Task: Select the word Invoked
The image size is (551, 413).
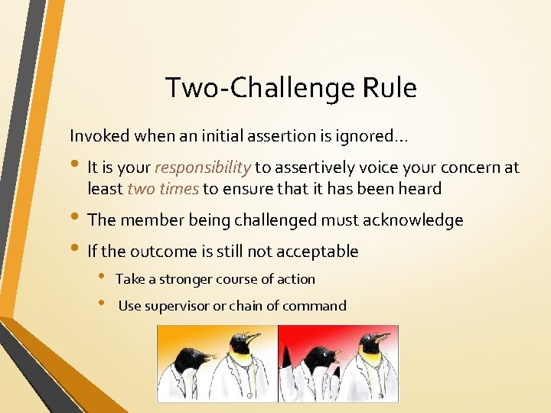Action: pyautogui.click(x=100, y=136)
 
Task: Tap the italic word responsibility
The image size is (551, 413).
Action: pyautogui.click(x=203, y=167)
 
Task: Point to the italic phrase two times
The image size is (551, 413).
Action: pyautogui.click(x=162, y=188)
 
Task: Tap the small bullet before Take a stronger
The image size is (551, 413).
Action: pyautogui.click(x=102, y=279)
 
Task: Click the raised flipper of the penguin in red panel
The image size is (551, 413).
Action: pyautogui.click(x=286, y=360)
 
